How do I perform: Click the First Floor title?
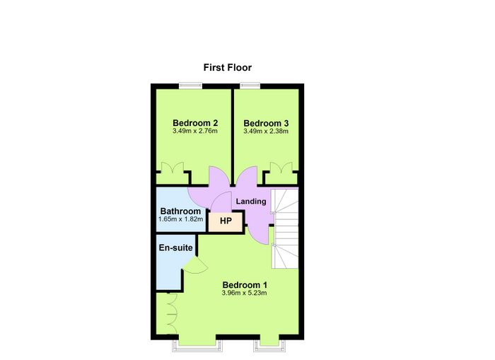pyautogui.click(x=227, y=68)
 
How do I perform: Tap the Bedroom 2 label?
pyautogui.click(x=195, y=123)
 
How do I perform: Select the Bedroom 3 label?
pyautogui.click(x=266, y=123)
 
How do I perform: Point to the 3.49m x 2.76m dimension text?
pyautogui.click(x=195, y=131)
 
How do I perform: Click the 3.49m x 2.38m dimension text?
pyautogui.click(x=266, y=132)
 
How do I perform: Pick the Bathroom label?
pyautogui.click(x=180, y=211)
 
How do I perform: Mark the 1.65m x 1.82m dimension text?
pyautogui.click(x=180, y=219)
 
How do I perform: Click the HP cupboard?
pyautogui.click(x=226, y=221)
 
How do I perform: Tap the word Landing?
pyautogui.click(x=251, y=201)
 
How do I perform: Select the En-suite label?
pyautogui.click(x=176, y=248)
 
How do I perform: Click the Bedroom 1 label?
pyautogui.click(x=245, y=285)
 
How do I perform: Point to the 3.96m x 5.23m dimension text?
pyautogui.click(x=245, y=293)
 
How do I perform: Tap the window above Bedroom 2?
pyautogui.click(x=190, y=86)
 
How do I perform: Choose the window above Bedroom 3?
pyautogui.click(x=250, y=86)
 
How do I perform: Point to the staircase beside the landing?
pyautogui.click(x=285, y=228)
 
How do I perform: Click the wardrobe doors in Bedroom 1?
pyautogui.click(x=171, y=315)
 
